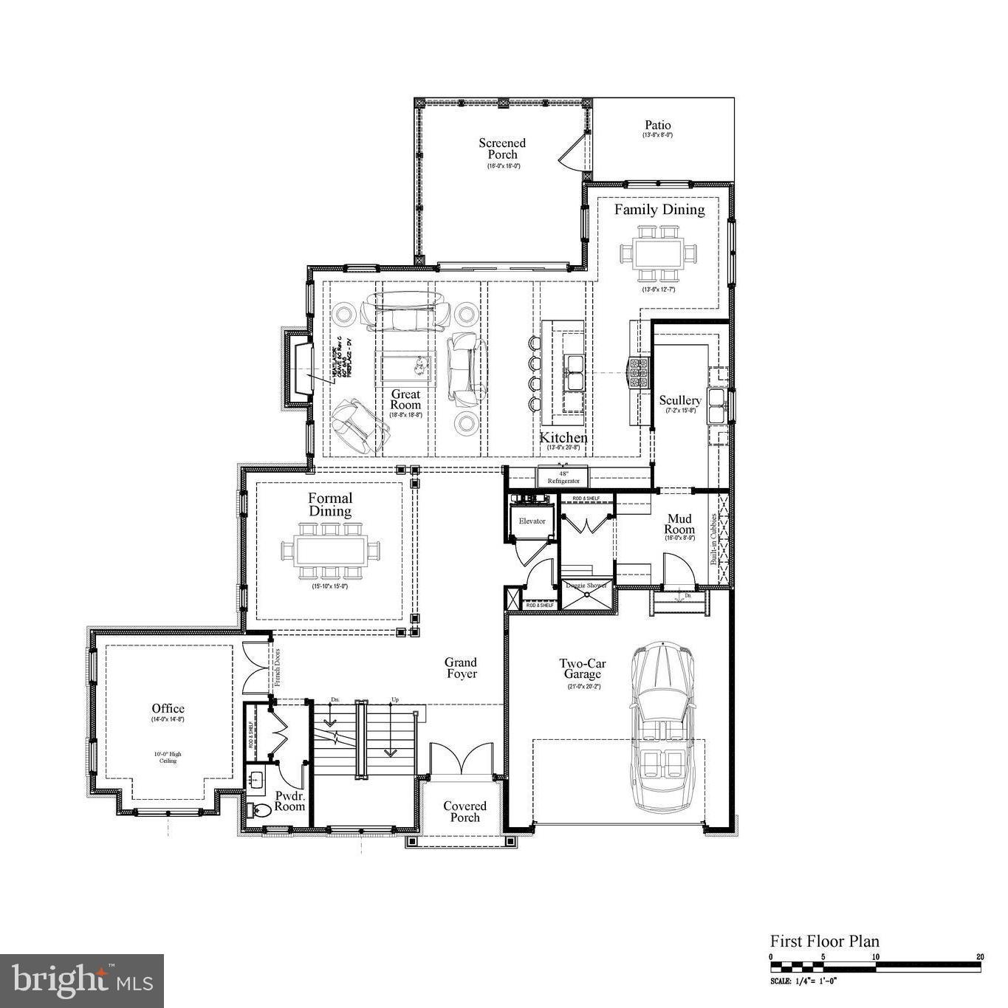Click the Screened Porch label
(x=502, y=148)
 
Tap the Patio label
(x=657, y=126)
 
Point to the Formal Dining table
(x=330, y=550)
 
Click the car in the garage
(x=662, y=727)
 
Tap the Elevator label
(x=532, y=521)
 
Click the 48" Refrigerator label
(x=563, y=477)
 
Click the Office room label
(x=168, y=709)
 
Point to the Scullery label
(x=680, y=400)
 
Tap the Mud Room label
(x=679, y=524)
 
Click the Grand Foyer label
(x=461, y=668)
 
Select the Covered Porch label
(x=464, y=812)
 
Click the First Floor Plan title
(x=825, y=941)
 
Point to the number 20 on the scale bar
(x=980, y=957)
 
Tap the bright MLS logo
(x=82, y=981)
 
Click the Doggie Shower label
(x=586, y=585)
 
